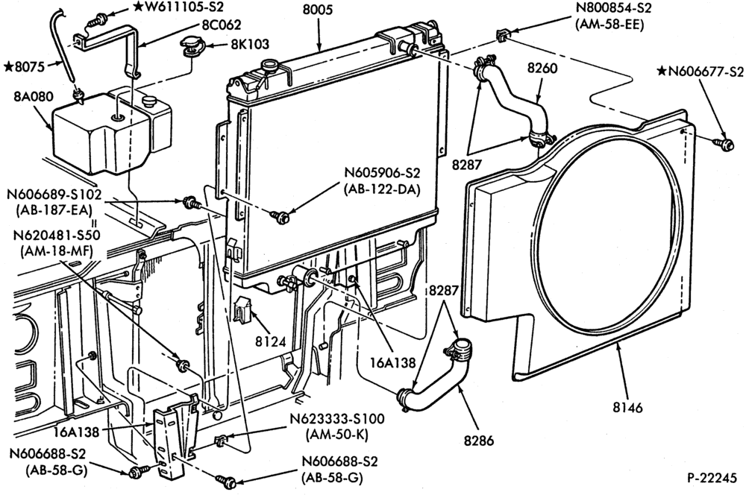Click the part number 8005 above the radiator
(x=319, y=10)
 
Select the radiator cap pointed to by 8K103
(x=192, y=48)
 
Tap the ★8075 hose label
(x=24, y=66)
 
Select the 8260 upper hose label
(x=542, y=69)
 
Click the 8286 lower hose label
(x=479, y=441)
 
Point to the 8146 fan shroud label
(x=627, y=407)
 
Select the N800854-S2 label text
(x=613, y=7)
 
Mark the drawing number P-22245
(x=711, y=478)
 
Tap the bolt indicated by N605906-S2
(x=280, y=217)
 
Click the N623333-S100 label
(x=337, y=419)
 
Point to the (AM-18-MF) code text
(x=56, y=251)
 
